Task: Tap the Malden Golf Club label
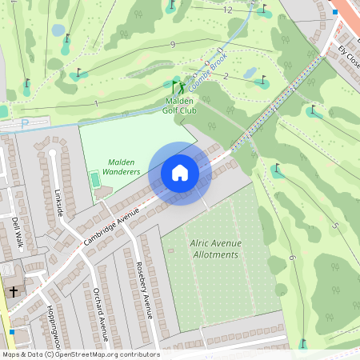point(180,105)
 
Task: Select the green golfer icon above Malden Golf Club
point(178,86)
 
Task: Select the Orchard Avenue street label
point(100,314)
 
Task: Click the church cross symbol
point(13,293)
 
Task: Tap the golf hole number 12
point(228,10)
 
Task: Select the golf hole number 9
point(172,45)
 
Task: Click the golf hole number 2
point(226,76)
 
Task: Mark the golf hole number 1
point(96,103)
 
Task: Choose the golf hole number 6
point(292,258)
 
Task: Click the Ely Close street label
point(350,56)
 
